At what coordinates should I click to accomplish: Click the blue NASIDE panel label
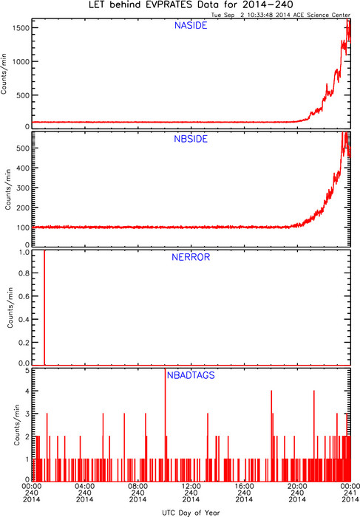[x=191, y=26]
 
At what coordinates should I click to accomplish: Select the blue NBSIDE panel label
[x=191, y=139]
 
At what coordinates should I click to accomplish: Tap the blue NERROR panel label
[x=191, y=257]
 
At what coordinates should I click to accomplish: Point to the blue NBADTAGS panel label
[x=191, y=375]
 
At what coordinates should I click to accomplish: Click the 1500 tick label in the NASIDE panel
[x=21, y=28]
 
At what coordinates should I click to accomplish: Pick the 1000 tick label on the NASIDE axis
[x=21, y=61]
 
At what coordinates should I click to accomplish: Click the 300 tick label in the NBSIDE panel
[x=23, y=188]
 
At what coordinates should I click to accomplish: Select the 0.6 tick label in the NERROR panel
[x=24, y=296]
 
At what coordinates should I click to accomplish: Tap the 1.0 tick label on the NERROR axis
[x=24, y=253]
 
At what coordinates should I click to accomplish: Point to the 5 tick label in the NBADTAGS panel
[x=27, y=371]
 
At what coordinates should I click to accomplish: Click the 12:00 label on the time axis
[x=191, y=486]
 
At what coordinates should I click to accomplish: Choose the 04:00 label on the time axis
[x=85, y=486]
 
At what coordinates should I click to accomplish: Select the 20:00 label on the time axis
[x=297, y=486]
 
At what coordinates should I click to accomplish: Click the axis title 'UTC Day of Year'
[x=191, y=513]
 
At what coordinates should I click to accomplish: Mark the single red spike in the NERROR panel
[x=44, y=308]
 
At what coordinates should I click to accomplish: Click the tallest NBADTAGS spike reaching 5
[x=165, y=425]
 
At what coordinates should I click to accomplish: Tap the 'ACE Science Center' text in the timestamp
[x=322, y=15]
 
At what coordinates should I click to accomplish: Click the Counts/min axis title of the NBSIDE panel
[x=8, y=190]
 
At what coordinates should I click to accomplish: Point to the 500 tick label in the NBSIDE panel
[x=23, y=148]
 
